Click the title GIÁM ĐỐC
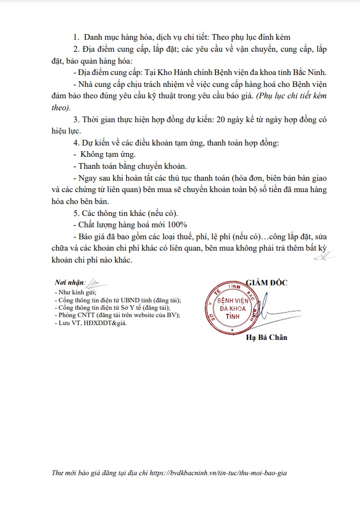pos(267,282)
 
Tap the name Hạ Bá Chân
pos(267,338)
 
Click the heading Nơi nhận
pos(69,282)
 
